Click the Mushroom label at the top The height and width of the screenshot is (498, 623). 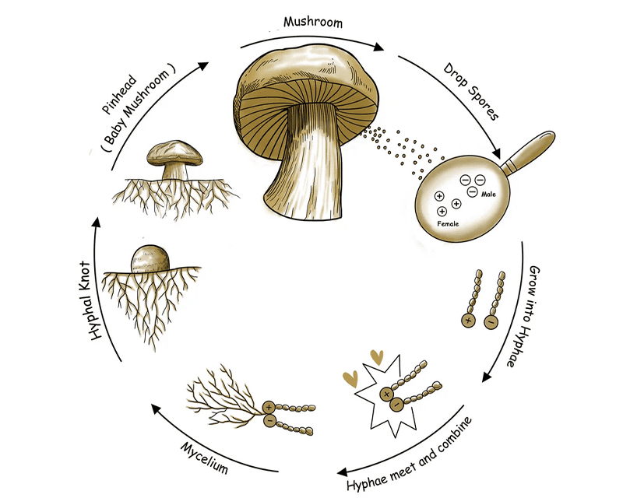tap(313, 22)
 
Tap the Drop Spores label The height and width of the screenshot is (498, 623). tap(471, 91)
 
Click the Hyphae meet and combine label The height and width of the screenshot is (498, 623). tap(410, 454)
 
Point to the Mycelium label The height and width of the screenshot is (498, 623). tap(205, 458)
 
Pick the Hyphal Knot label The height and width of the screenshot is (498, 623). tap(90, 300)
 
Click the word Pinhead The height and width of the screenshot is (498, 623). tap(119, 94)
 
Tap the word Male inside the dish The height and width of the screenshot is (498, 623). tap(488, 195)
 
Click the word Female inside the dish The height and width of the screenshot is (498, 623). tap(448, 224)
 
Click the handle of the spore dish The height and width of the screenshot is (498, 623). tap(529, 151)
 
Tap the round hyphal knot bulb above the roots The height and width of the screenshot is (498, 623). tap(150, 259)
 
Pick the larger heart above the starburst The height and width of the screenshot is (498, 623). tap(377, 357)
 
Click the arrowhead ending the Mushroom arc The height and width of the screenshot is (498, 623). tap(378, 47)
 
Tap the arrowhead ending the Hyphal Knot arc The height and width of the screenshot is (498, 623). tap(96, 222)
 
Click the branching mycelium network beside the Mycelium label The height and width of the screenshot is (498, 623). tap(224, 397)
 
